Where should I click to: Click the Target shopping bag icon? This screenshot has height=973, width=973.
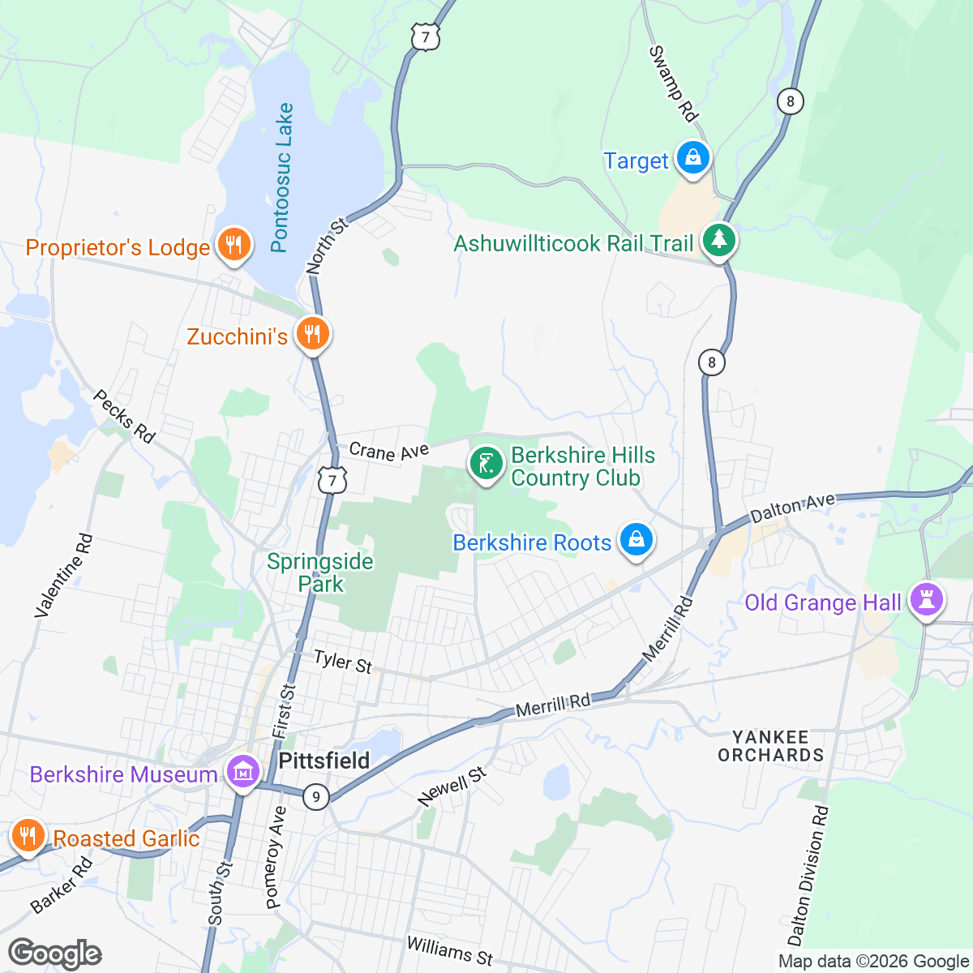click(x=693, y=158)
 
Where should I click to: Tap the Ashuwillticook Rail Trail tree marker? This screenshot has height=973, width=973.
click(x=718, y=240)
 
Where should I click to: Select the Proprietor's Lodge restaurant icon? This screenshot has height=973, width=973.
click(x=234, y=244)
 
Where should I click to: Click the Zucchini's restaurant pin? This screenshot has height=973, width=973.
click(x=311, y=333)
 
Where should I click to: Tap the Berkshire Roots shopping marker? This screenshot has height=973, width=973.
click(x=637, y=540)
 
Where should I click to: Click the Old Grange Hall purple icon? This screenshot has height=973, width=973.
click(x=927, y=601)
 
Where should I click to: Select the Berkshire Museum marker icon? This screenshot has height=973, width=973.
click(x=243, y=772)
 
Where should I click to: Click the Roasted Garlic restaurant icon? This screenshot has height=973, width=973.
click(x=28, y=835)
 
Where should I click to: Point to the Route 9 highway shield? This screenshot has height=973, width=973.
click(x=316, y=797)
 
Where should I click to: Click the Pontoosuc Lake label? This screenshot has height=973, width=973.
click(x=281, y=178)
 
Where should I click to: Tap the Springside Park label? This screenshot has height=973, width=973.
click(x=320, y=572)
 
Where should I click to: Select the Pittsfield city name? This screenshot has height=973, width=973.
click(x=324, y=761)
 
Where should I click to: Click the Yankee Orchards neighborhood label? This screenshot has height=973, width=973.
click(x=770, y=746)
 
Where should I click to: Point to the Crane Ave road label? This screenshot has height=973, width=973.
click(x=388, y=452)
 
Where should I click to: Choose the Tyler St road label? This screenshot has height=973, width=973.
click(x=342, y=662)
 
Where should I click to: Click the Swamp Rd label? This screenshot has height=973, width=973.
click(x=673, y=84)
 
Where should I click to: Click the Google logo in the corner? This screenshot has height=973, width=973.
click(x=54, y=954)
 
